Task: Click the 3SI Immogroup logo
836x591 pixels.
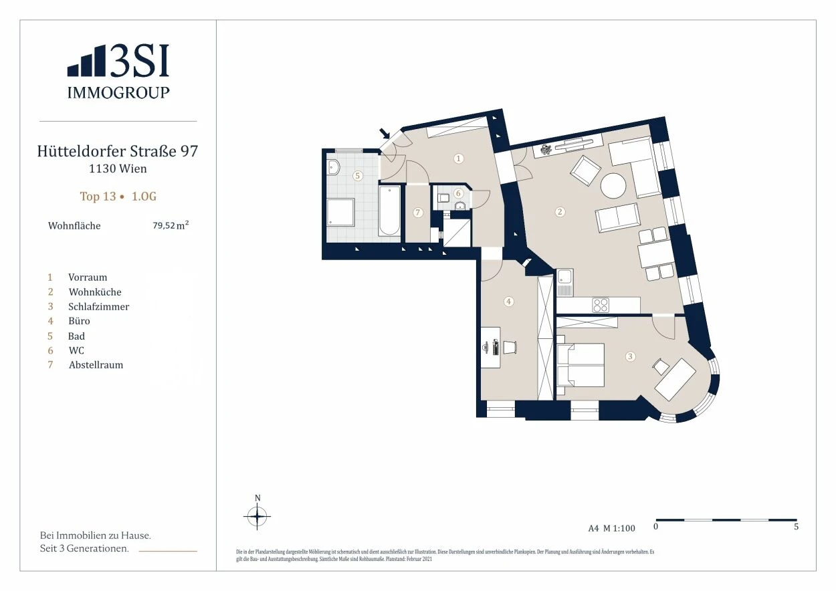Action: tap(118, 72)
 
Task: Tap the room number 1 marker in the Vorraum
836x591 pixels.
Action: tap(458, 158)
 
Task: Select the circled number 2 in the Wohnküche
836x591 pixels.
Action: tap(559, 212)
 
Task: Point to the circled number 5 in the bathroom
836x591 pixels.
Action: tap(358, 175)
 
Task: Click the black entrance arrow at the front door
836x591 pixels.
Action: tap(385, 133)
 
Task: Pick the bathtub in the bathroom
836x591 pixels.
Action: tap(389, 211)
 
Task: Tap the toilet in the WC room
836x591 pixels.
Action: tap(443, 198)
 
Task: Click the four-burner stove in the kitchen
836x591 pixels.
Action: tap(601, 305)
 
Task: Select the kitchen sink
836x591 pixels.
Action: tap(564, 283)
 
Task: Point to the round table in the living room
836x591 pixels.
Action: tap(613, 186)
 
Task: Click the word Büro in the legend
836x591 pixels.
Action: tap(79, 321)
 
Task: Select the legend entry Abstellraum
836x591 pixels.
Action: tap(96, 364)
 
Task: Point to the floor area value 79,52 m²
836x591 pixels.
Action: tap(171, 225)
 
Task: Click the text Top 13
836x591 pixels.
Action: tap(98, 197)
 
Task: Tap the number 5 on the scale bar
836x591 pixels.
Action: tap(796, 526)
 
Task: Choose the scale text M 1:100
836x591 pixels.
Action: tap(619, 528)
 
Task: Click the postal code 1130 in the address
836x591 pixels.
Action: tap(102, 168)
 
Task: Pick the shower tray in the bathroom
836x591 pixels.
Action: tap(340, 212)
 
